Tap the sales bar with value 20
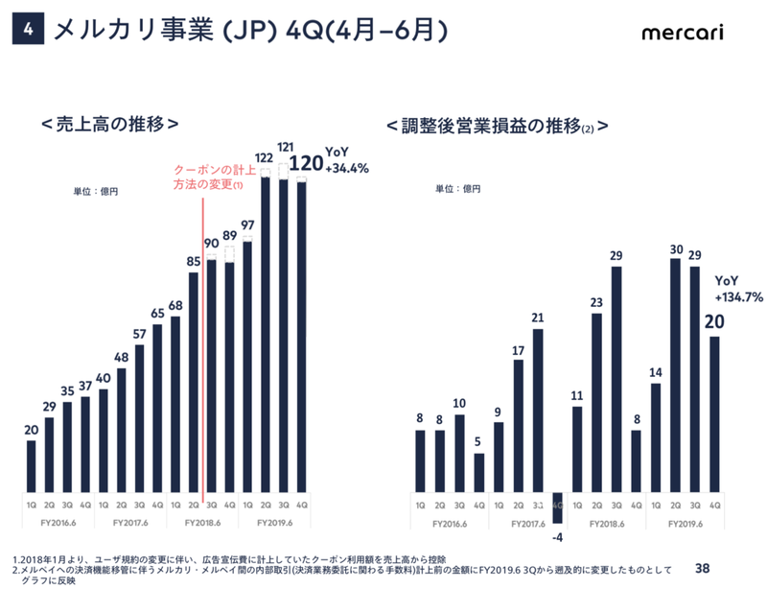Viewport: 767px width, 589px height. [x=31, y=465]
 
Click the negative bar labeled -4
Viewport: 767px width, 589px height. [x=557, y=507]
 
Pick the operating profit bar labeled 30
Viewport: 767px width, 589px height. [x=675, y=374]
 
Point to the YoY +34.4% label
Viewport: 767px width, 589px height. [x=347, y=160]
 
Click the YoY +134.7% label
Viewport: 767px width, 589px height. [x=738, y=291]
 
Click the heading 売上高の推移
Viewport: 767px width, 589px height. [x=110, y=126]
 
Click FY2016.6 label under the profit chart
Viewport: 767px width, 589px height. [x=451, y=524]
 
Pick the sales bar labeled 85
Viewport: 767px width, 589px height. [x=193, y=382]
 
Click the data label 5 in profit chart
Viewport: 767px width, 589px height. [x=478, y=440]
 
